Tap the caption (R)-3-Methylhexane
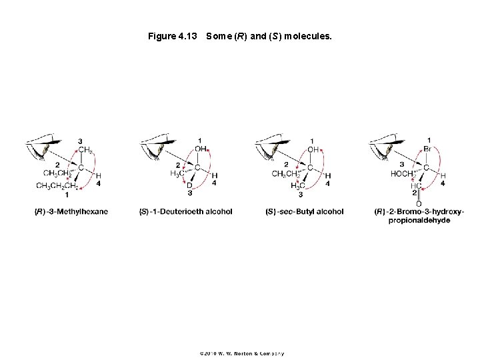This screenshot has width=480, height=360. [x=71, y=211]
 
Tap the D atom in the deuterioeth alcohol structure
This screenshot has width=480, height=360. [x=189, y=185]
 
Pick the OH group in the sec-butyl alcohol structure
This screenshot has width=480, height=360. [x=313, y=149]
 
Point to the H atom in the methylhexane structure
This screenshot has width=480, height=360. [x=98, y=175]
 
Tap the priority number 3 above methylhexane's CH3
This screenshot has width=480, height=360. [x=81, y=141]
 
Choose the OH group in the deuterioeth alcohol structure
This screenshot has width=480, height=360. [x=201, y=149]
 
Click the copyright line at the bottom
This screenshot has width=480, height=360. [x=241, y=353]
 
